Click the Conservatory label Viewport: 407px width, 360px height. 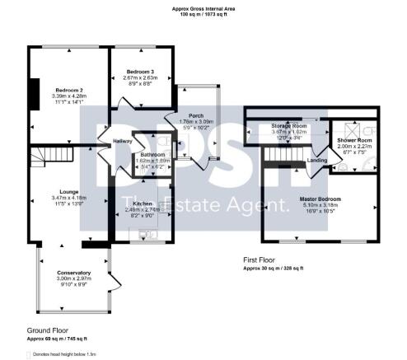coord(73,273)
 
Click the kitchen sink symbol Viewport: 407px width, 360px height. coord(149,233)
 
